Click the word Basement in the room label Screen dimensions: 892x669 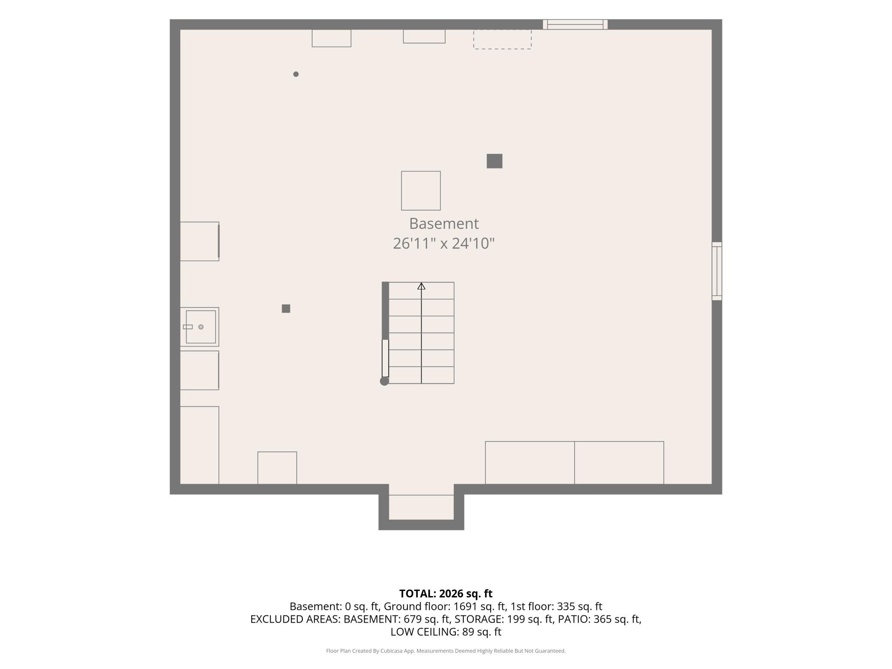(444, 223)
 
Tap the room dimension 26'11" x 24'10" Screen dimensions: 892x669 (444, 243)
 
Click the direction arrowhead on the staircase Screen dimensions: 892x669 (421, 286)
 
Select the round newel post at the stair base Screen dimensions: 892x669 (384, 381)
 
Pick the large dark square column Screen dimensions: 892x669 (494, 161)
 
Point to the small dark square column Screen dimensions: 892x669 (286, 308)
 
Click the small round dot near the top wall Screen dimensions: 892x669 (296, 74)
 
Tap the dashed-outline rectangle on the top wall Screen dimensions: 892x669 (503, 39)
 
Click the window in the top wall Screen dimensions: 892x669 (575, 24)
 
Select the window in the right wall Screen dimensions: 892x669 (717, 271)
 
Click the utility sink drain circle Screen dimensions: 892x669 (201, 327)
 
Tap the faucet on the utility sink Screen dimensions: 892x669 (188, 327)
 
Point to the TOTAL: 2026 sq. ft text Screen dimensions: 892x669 (446, 594)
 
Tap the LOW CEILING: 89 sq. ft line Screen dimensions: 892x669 (446, 632)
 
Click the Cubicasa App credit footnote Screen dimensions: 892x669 (446, 651)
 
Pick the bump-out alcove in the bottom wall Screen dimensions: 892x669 (421, 507)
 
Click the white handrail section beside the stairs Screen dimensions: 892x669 (385, 358)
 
